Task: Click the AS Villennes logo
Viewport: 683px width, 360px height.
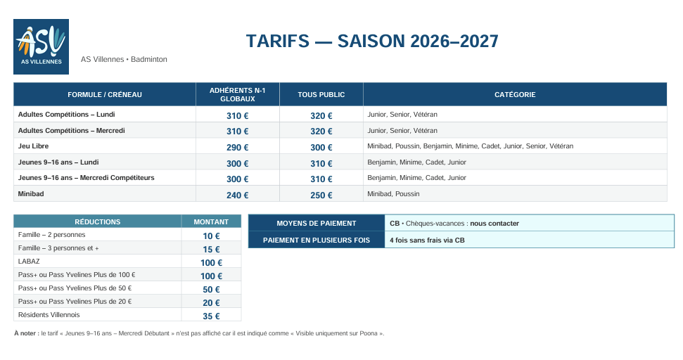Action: [41, 46]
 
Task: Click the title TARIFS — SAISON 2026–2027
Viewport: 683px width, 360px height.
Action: [372, 41]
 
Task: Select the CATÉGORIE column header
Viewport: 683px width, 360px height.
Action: [515, 94]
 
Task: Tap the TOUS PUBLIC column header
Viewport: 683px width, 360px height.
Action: [321, 94]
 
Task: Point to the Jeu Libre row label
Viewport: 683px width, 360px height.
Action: [33, 146]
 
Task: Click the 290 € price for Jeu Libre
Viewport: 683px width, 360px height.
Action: [237, 148]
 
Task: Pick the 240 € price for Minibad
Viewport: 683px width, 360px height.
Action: [237, 195]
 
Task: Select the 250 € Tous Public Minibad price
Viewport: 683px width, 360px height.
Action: [321, 195]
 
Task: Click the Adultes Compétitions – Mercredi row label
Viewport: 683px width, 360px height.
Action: [72, 131]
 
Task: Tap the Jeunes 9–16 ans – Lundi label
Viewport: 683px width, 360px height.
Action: [58, 162]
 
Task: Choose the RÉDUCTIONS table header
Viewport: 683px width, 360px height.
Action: [98, 221]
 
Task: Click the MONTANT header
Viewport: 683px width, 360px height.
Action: [211, 221]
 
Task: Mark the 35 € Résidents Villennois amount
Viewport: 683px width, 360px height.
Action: [211, 316]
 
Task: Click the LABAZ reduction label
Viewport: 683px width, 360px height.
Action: [29, 261]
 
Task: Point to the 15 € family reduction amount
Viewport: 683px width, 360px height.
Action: [211, 250]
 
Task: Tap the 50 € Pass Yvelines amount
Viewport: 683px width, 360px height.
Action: [211, 290]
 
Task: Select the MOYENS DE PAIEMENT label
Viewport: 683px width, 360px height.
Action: [317, 224]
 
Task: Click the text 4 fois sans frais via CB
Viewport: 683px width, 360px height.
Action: [427, 240]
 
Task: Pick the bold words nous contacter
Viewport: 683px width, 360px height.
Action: [494, 224]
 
